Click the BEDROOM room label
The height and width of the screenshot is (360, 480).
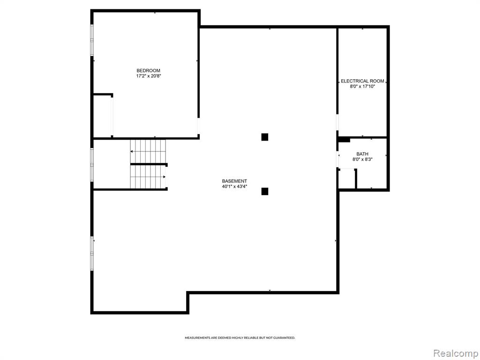point(148,71)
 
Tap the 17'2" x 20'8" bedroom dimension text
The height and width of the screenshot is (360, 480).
point(149,76)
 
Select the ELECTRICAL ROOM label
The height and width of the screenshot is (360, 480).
point(362,81)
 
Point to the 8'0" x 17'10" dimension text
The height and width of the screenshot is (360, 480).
point(362,87)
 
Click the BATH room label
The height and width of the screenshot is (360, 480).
point(362,154)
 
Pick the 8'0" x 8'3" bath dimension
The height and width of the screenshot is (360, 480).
point(362,159)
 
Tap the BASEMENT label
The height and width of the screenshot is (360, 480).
point(234,181)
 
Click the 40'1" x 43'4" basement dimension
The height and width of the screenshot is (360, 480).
point(234,187)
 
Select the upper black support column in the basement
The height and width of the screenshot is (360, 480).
point(265,137)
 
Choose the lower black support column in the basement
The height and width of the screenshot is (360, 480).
point(265,191)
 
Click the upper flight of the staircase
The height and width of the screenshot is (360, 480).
point(148,151)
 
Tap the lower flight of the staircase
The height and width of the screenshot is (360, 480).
point(148,177)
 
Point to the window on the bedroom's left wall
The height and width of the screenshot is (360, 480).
point(92,40)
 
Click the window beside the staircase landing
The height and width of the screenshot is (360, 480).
point(92,165)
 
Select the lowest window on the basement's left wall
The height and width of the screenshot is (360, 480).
point(92,253)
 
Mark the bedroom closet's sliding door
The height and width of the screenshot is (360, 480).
point(112,116)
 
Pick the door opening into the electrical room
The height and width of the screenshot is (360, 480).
point(337,122)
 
